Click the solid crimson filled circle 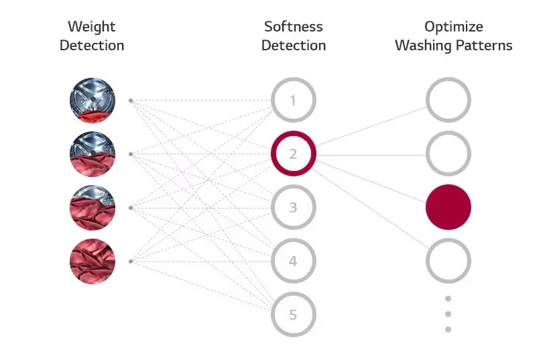click(448, 207)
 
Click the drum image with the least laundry click(93, 100)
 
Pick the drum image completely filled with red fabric click(93, 261)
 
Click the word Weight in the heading click(92, 27)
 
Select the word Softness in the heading click(294, 27)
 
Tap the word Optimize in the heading click(454, 27)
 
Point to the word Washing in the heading click(423, 46)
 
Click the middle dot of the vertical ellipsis click(448, 314)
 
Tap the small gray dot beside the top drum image click(131, 101)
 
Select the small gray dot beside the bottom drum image click(131, 261)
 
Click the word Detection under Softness click(294, 46)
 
